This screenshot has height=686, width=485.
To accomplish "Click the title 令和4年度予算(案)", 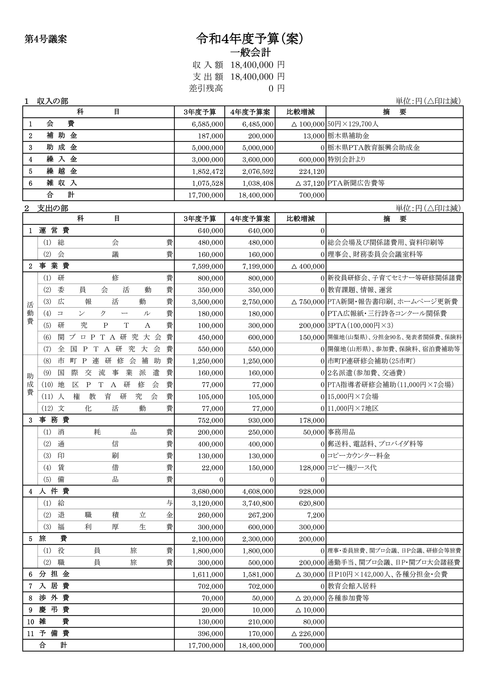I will [x=250, y=39].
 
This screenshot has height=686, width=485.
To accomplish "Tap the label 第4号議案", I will [x=46, y=39].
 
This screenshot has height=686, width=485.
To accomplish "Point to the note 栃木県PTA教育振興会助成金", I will [x=374, y=148].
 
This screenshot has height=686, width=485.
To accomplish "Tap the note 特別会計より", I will [x=346, y=160].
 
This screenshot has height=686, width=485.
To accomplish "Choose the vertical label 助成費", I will [x=30, y=384].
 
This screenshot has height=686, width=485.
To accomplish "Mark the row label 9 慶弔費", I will [x=49, y=610].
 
